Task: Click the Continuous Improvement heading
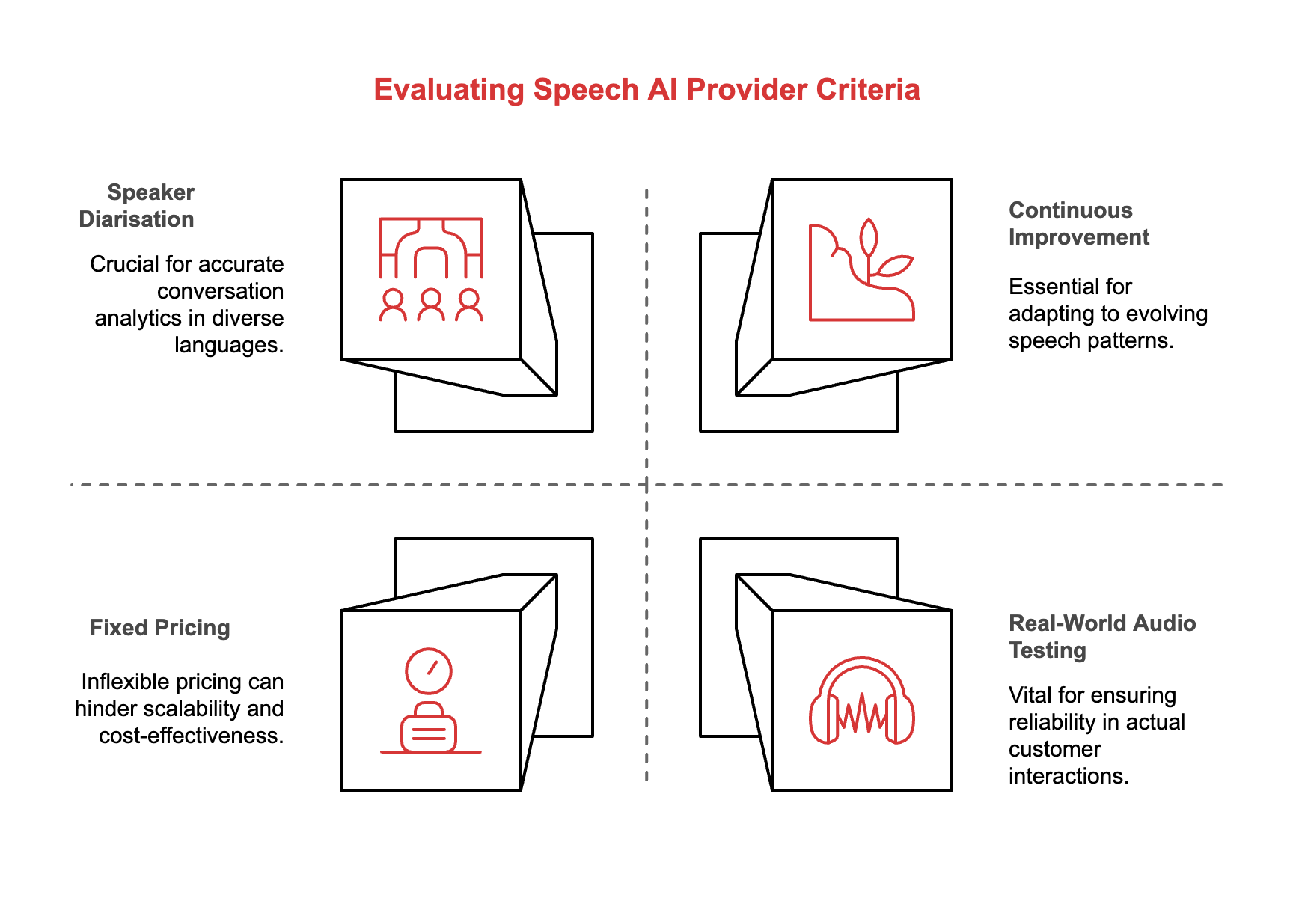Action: tap(1078, 224)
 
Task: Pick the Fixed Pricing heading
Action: tap(159, 628)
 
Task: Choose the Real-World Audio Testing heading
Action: tap(1101, 636)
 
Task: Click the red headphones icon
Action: tap(862, 702)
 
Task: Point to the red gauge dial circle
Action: tap(428, 671)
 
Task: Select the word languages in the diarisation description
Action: tap(229, 345)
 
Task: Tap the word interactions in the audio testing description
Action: tap(1068, 776)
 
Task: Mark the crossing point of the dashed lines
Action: tap(646, 485)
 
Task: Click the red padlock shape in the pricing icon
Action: tap(429, 730)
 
